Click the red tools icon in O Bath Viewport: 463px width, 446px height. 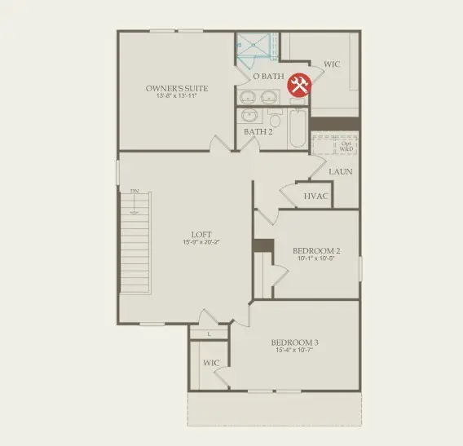(299, 84)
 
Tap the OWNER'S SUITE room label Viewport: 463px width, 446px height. (177, 87)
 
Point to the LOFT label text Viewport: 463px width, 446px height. (201, 235)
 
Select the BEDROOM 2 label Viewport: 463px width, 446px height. (315, 250)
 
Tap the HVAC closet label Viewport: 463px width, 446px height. (315, 197)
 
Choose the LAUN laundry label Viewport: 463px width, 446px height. (341, 172)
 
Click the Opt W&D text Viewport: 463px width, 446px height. (346, 147)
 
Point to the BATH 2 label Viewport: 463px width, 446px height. (258, 131)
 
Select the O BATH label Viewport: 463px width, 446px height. (267, 77)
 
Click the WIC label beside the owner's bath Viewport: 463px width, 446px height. (332, 64)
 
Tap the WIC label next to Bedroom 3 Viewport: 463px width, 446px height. (211, 362)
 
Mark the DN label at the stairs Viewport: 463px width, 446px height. (134, 192)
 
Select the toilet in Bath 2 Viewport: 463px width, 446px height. (275, 121)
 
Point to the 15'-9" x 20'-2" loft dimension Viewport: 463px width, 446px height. (201, 243)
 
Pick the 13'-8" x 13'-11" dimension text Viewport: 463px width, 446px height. (177, 95)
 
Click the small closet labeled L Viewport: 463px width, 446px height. (209, 333)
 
